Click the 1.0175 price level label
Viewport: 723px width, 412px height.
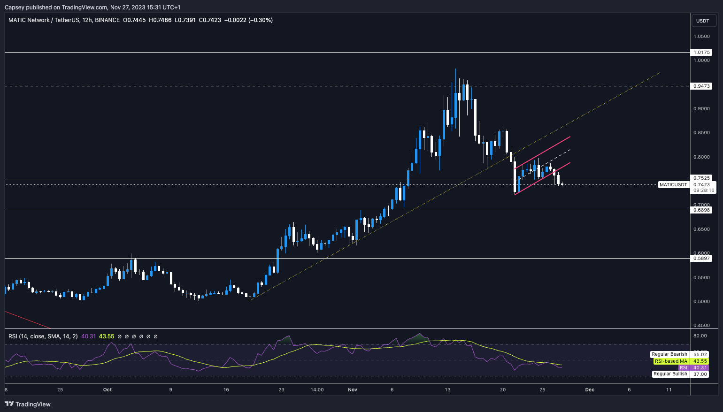701,53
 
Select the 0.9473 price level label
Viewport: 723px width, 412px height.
701,86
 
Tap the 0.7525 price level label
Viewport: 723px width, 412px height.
701,178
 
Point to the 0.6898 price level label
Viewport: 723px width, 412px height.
701,210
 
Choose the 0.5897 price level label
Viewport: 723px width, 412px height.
701,259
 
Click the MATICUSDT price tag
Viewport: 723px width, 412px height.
673,185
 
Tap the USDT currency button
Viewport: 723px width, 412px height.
702,21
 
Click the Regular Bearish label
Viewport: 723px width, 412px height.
669,354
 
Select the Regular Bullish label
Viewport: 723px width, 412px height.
670,374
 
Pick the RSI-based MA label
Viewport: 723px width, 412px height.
671,361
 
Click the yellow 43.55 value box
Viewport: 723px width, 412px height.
700,361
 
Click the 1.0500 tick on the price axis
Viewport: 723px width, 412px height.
701,36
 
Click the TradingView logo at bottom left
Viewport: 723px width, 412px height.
28,404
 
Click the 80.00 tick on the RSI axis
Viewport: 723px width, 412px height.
700,336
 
